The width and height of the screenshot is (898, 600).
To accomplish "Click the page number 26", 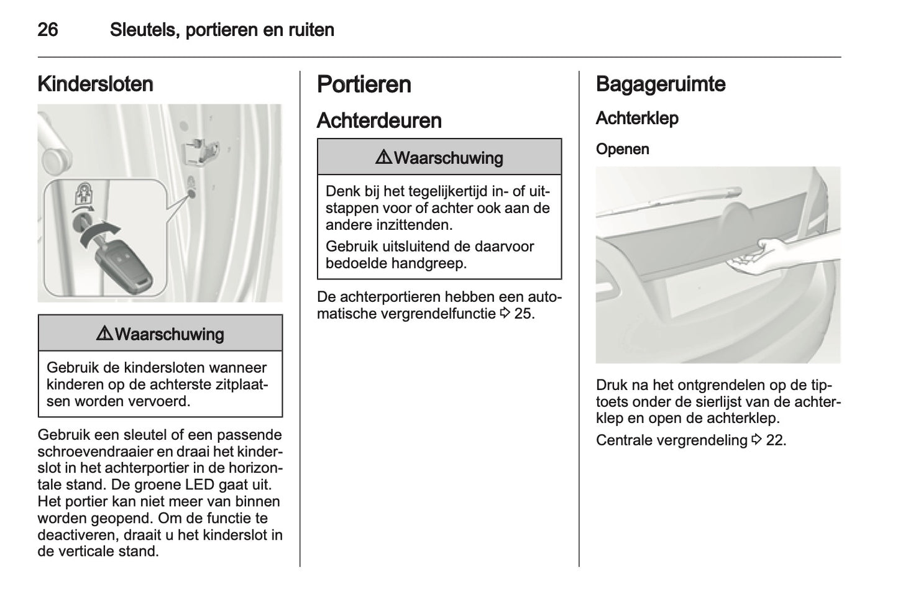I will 48,29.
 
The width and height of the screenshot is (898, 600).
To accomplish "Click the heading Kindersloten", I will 95,84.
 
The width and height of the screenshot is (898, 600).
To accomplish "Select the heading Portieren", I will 364,84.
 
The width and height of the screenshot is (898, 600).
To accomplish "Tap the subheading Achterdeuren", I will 379,120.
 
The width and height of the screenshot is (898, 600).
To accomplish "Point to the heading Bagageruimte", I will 660,84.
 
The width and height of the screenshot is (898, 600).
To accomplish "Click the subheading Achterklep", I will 636,118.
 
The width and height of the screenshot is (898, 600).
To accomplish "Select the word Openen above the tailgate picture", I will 622,149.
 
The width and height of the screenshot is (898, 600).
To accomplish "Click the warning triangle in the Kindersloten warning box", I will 104,334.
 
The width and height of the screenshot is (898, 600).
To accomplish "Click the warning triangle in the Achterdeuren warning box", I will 383,158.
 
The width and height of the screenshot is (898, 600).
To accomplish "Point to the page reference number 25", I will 523,314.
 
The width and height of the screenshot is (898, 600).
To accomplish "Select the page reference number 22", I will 775,440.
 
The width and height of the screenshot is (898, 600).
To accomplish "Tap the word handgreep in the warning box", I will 434,263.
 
